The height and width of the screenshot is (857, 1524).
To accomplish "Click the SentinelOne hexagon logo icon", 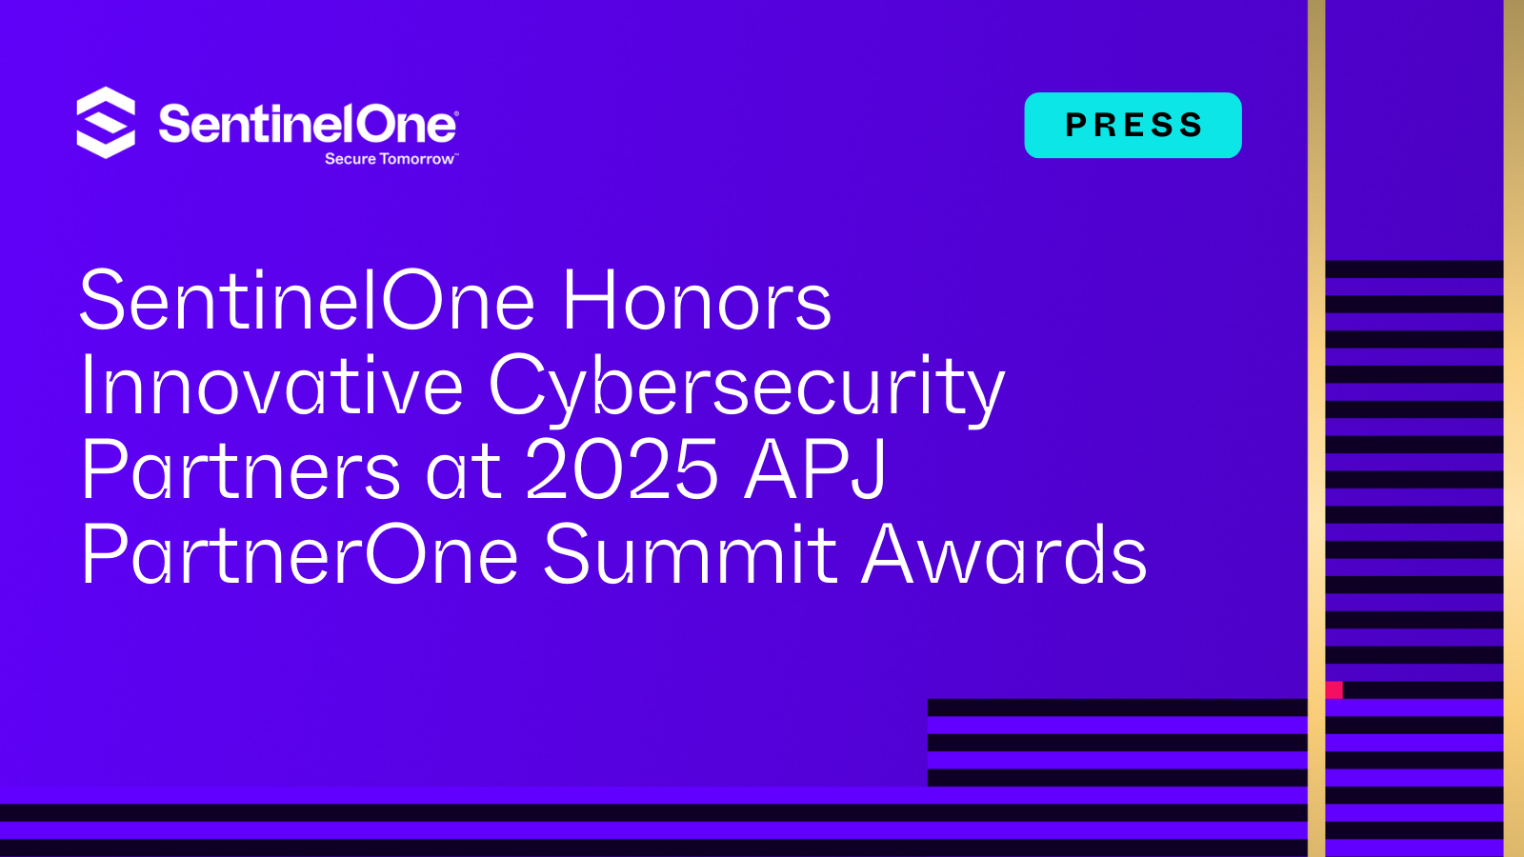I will click(x=106, y=123).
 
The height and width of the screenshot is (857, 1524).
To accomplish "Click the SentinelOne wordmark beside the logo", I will click(x=307, y=125).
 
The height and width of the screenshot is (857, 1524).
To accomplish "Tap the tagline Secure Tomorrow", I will click(x=390, y=159).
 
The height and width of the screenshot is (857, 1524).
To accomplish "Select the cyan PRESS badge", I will click(x=1133, y=125).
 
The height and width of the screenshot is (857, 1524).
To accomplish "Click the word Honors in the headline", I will click(x=696, y=302).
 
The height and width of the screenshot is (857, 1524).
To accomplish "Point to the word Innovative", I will click(x=271, y=387).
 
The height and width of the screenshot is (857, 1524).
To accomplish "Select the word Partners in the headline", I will click(x=240, y=470).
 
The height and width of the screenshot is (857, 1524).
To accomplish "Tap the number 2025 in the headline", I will click(x=621, y=470).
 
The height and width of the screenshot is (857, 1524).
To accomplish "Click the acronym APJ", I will click(x=815, y=470).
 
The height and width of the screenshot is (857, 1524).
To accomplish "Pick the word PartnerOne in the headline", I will click(x=299, y=555).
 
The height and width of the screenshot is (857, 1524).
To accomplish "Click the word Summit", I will click(x=690, y=555).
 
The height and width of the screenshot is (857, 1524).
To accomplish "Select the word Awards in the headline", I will click(x=1004, y=555).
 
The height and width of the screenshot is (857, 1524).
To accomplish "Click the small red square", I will click(x=1333, y=689).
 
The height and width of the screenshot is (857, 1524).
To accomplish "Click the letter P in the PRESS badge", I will click(x=1076, y=126).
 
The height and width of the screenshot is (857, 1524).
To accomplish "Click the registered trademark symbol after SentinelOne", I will click(x=455, y=113).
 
